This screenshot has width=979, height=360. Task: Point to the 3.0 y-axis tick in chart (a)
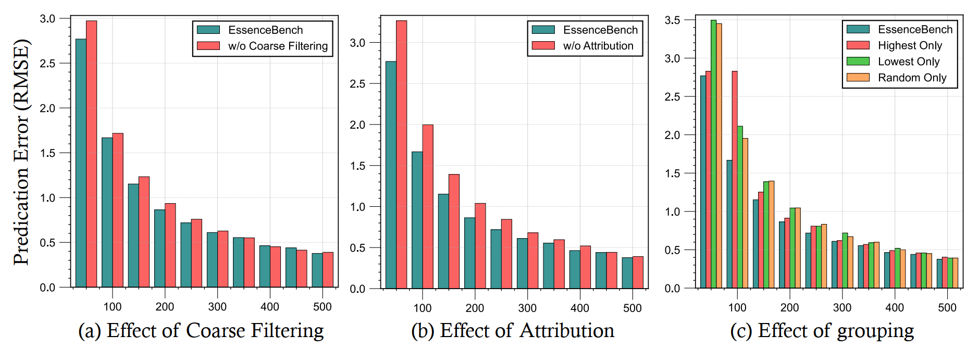click(x=47, y=19)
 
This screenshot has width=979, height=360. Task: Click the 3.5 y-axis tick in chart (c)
click(x=672, y=20)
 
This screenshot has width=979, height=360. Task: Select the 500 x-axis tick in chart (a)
click(x=323, y=307)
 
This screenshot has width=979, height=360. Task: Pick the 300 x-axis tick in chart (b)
click(x=527, y=308)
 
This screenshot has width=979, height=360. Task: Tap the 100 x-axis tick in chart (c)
click(x=737, y=307)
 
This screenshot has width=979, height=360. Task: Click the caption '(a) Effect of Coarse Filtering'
click(x=201, y=331)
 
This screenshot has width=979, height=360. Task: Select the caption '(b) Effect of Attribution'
click(x=513, y=331)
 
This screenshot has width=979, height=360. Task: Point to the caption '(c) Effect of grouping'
click(x=822, y=331)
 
